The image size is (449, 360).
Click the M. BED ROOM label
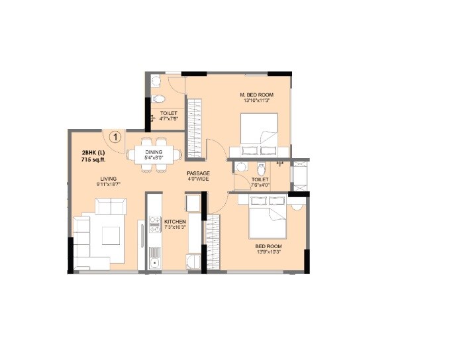pyautogui.click(x=256, y=95)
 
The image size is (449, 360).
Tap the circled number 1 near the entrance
pyautogui.click(x=115, y=138)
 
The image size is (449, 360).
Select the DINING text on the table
pyautogui.click(x=154, y=152)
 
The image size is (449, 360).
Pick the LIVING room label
pyautogui.click(x=109, y=178)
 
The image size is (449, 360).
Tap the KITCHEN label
pyautogui.click(x=175, y=221)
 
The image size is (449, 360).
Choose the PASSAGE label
pyautogui.click(x=198, y=173)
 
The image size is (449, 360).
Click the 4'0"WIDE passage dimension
pyautogui.click(x=198, y=179)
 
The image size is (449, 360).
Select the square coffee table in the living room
pyautogui.click(x=111, y=235)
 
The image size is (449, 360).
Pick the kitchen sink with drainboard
pyautogui.click(x=154, y=256)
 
